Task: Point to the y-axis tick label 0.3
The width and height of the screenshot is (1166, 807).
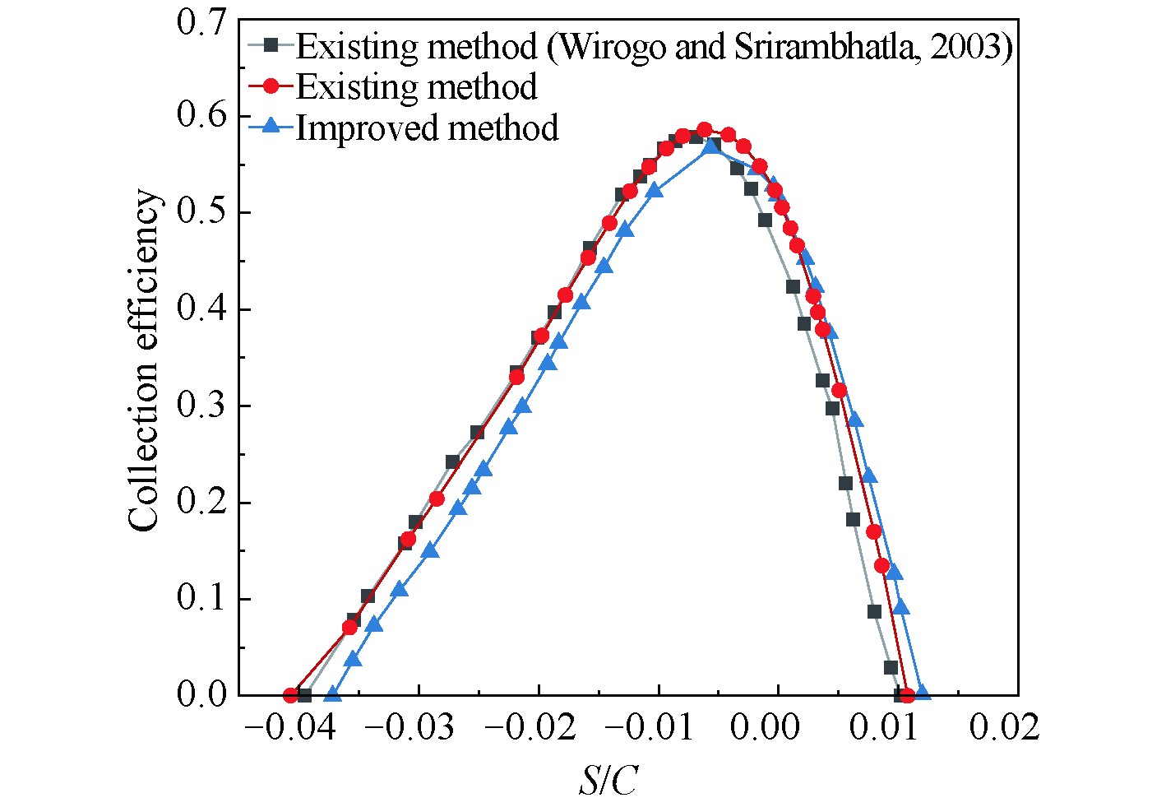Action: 202,406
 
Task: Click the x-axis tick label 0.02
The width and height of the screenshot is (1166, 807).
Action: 1004,727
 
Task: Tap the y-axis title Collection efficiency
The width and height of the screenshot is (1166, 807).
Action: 144,360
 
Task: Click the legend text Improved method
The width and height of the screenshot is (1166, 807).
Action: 427,128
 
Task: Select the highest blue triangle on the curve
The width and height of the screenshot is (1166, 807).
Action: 712,146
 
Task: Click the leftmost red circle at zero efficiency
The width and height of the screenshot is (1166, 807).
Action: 290,695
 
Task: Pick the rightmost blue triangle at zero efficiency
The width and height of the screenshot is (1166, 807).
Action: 923,693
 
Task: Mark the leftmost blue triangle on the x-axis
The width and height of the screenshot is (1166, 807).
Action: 332,693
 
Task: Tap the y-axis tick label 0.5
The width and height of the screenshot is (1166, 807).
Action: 202,213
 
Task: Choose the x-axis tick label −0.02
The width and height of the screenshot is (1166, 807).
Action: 532,727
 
